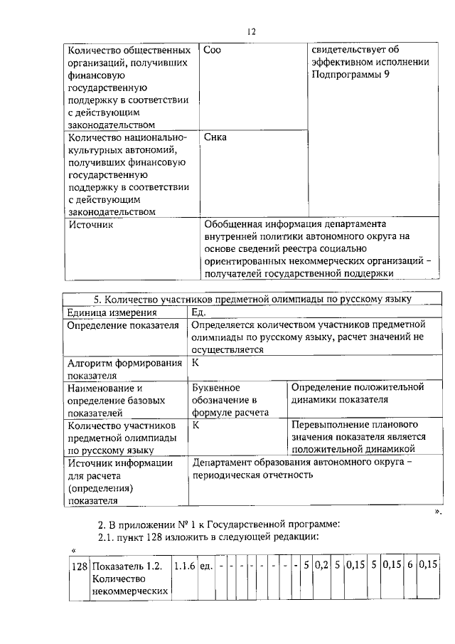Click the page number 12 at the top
point(251,31)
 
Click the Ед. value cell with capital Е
point(199,312)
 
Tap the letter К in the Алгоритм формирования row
point(196,363)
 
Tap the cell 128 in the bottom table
point(79,566)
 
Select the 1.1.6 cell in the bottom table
point(184,566)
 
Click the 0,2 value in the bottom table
point(321,566)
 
